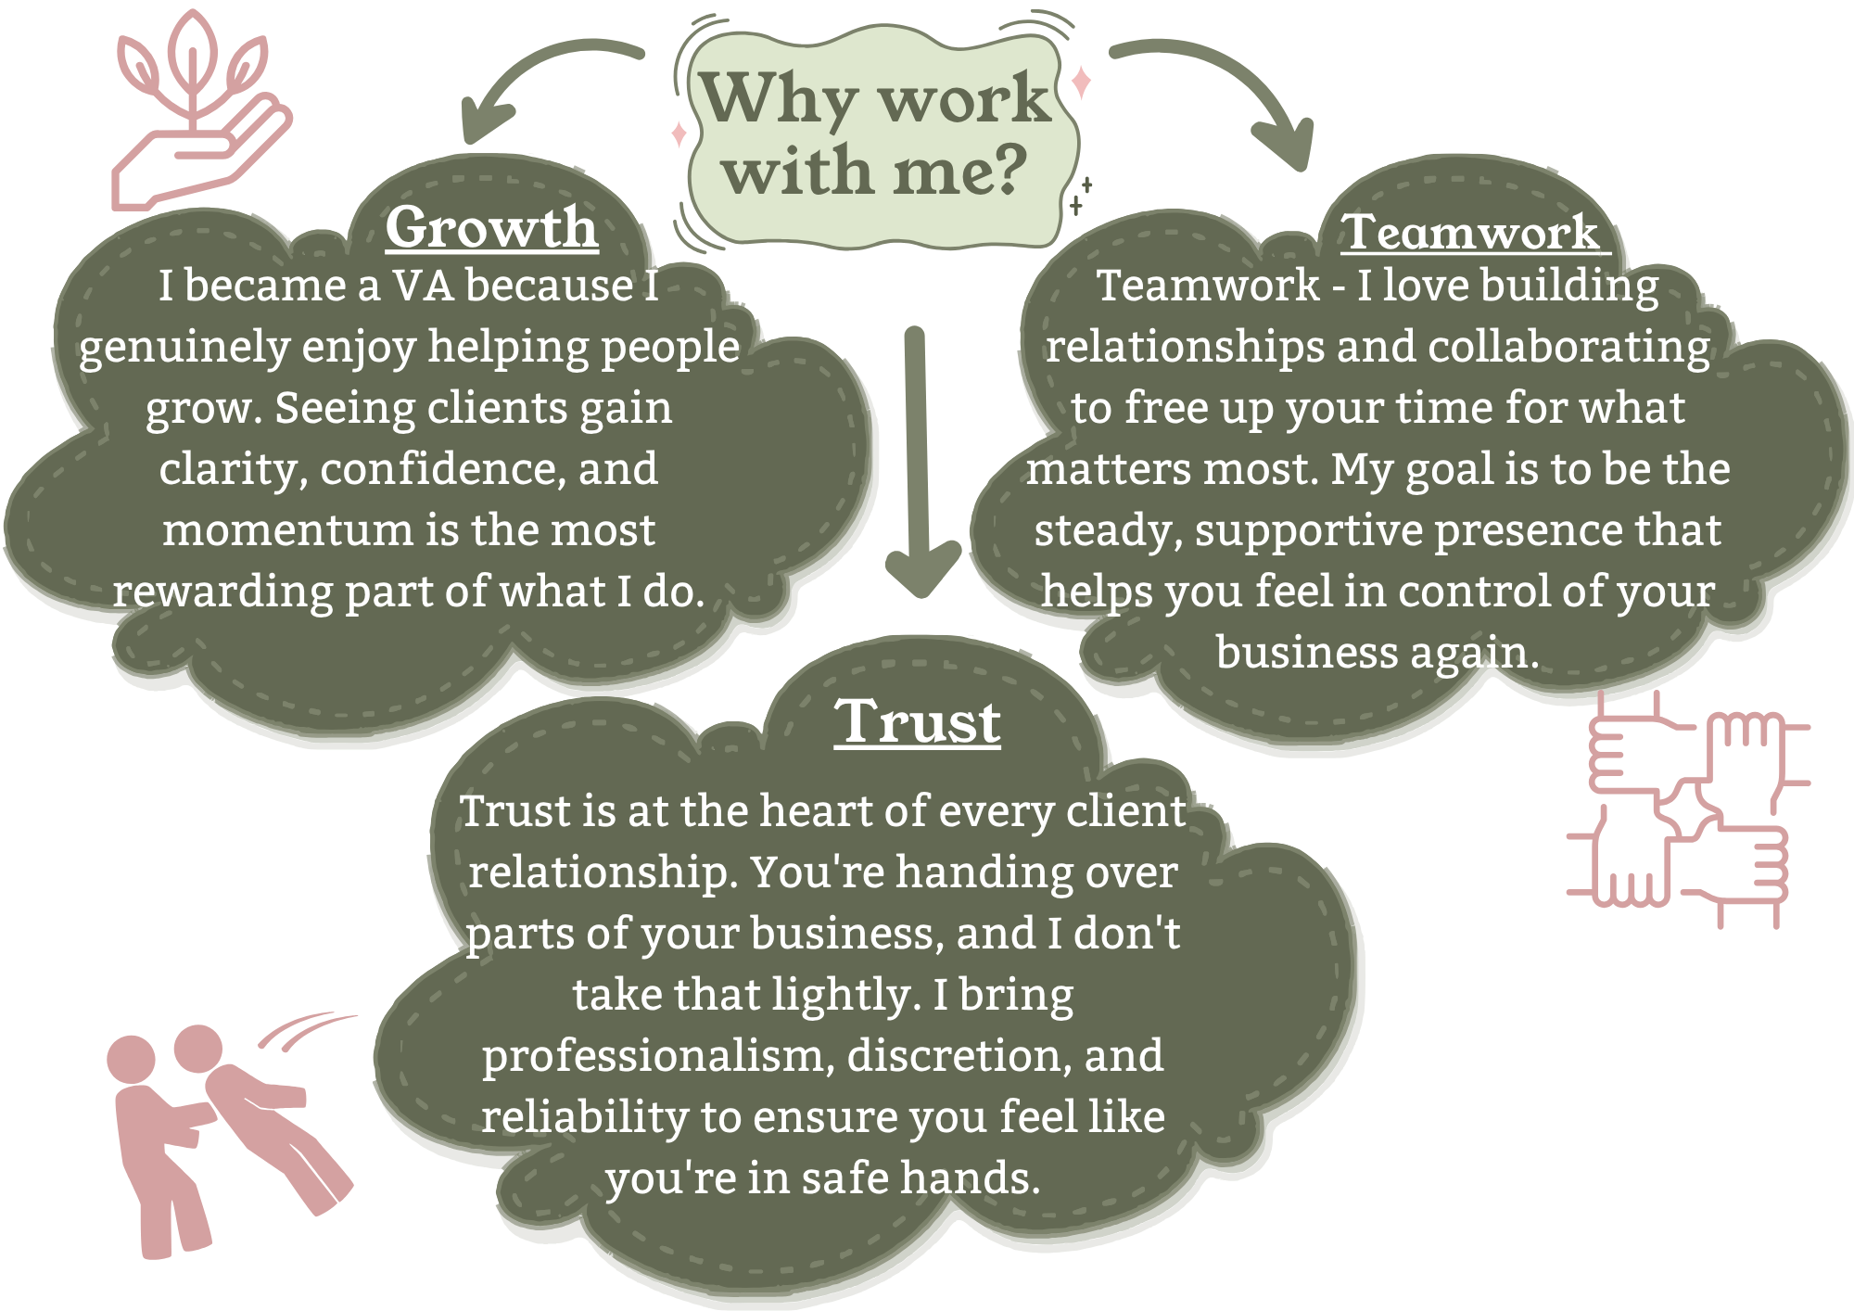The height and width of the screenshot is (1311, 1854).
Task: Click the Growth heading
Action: [491, 227]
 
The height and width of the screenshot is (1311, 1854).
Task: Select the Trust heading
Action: [918, 722]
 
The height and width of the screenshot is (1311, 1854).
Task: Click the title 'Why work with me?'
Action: [876, 134]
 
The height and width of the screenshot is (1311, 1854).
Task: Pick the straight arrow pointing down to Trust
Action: [918, 464]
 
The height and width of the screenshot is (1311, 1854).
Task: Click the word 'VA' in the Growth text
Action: [423, 286]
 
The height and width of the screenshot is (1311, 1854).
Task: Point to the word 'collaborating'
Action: [1568, 347]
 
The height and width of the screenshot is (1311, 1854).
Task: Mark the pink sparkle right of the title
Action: [1081, 83]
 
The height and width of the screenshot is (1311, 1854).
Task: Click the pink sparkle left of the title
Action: [679, 134]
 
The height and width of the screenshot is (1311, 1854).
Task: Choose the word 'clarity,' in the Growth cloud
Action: [233, 469]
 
